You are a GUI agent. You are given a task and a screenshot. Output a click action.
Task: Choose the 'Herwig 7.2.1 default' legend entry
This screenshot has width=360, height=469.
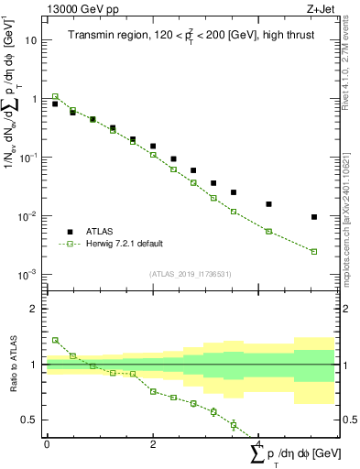tap(125, 244)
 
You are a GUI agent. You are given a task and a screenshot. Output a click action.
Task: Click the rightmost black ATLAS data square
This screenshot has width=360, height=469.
tap(314, 217)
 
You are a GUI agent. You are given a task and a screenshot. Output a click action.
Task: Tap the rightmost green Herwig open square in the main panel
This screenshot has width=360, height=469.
tap(314, 252)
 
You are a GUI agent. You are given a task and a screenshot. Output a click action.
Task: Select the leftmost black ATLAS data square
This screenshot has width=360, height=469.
tap(55, 104)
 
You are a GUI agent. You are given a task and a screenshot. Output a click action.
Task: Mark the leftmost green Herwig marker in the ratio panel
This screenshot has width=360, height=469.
tap(55, 340)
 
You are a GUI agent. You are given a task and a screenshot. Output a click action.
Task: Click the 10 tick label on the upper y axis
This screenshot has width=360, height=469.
tap(31, 40)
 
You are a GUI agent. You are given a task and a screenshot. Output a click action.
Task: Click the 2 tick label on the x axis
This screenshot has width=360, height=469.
tap(153, 443)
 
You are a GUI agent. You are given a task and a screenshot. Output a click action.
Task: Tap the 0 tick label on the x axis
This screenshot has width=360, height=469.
tap(47, 443)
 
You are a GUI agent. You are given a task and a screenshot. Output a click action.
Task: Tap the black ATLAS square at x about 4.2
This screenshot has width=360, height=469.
tap(268, 204)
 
